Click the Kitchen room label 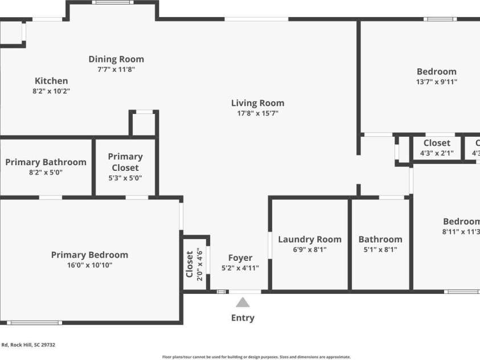[51, 81]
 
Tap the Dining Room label [116, 59]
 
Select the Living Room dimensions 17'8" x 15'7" [257, 113]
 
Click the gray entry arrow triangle [243, 302]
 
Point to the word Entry [243, 318]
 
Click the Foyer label [240, 257]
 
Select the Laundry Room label [310, 239]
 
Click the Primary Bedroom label [89, 255]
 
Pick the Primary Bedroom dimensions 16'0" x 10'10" [89, 265]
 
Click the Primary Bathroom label [46, 162]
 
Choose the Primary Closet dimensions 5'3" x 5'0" [125, 178]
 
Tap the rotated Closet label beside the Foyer [190, 264]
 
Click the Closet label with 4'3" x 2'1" [437, 143]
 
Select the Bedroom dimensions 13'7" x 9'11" [437, 81]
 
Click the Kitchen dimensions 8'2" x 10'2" [51, 91]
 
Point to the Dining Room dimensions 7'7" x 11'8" [116, 69]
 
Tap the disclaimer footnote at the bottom [256, 357]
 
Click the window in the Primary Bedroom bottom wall [34, 323]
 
